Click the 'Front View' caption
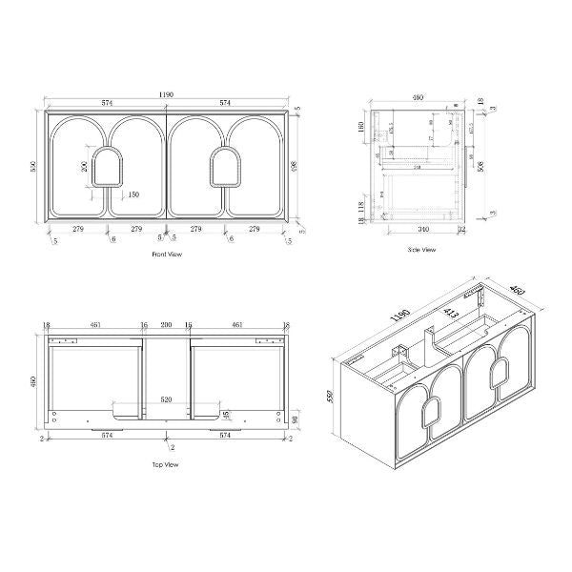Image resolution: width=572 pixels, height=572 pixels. pyautogui.click(x=167, y=255)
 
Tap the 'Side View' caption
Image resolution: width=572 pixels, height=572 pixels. pyautogui.click(x=421, y=250)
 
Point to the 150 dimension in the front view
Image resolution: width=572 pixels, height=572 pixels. pyautogui.click(x=133, y=194)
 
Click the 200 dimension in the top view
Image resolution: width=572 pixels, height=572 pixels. pyautogui.click(x=168, y=326)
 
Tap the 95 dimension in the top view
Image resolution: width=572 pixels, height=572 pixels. pyautogui.click(x=226, y=415)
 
